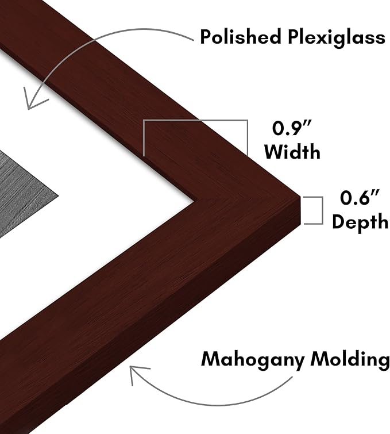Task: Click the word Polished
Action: (240, 37)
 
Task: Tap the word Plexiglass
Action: (337, 37)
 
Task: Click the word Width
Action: (292, 151)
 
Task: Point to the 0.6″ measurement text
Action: (360, 198)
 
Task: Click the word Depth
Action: (360, 222)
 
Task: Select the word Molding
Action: (350, 359)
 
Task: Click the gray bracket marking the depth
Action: (322, 210)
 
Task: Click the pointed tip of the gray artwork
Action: (59, 196)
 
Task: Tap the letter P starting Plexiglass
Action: (294, 37)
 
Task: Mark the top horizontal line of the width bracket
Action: (195, 120)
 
